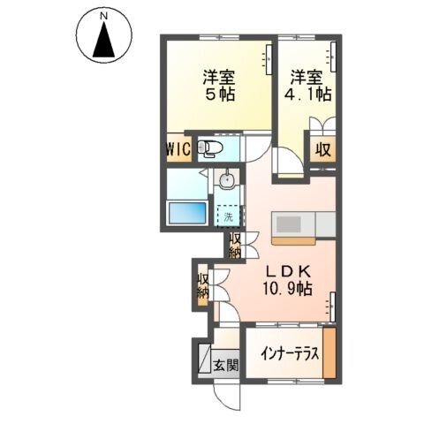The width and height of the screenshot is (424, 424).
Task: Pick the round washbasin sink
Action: (229, 183)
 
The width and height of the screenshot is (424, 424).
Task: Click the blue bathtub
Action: (186, 213)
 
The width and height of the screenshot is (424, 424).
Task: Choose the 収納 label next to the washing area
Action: (236, 245)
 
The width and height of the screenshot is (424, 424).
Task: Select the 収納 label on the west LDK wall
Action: (203, 286)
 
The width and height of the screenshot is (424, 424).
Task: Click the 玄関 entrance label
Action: (225, 363)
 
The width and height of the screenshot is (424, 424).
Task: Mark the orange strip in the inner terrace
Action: (329, 352)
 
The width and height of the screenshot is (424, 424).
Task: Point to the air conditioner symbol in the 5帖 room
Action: (265, 61)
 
